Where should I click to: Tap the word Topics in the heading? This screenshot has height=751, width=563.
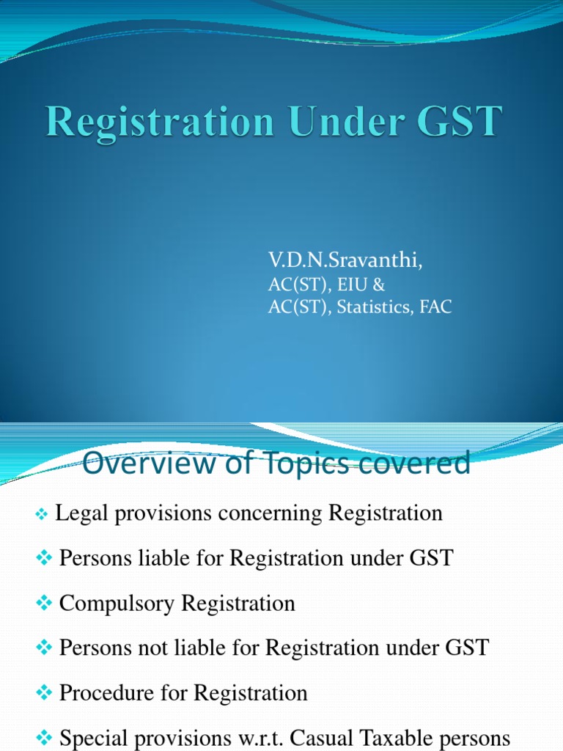[x=291, y=464]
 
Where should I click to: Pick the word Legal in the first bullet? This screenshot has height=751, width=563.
[x=76, y=513]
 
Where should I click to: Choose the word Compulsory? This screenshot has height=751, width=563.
[x=117, y=604]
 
